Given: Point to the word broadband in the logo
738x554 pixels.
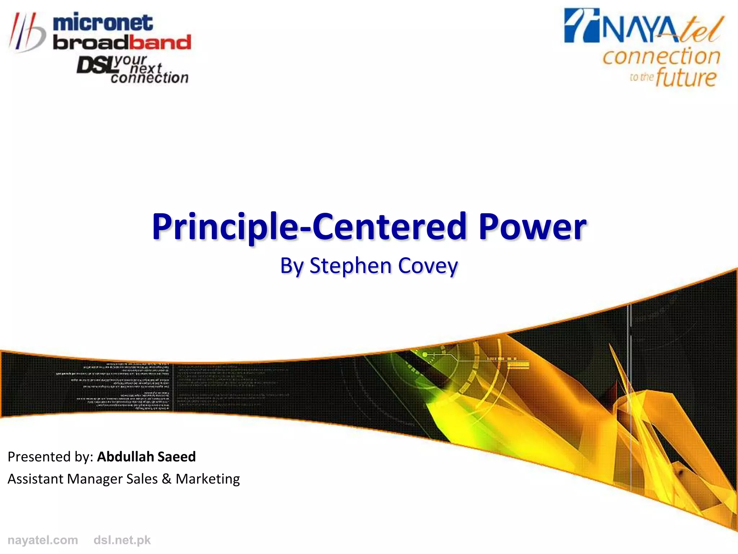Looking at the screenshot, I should coord(122,43).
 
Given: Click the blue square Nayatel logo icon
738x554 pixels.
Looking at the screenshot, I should coord(581,25).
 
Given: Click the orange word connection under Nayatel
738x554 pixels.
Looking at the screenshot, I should coord(661,57).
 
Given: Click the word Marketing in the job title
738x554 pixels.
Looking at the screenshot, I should coord(208,479).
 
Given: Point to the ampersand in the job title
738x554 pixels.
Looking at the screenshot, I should coord(166,479).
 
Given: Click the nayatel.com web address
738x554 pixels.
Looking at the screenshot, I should coord(43,540).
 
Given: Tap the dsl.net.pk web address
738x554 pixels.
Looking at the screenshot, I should coord(122,540).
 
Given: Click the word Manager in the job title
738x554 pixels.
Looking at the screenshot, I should coord(94,479).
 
